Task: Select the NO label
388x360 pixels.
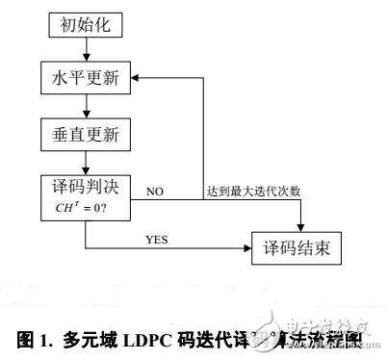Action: pos(153,193)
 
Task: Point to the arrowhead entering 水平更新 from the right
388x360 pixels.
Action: pos(136,78)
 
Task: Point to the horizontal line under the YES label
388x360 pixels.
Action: pos(164,245)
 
